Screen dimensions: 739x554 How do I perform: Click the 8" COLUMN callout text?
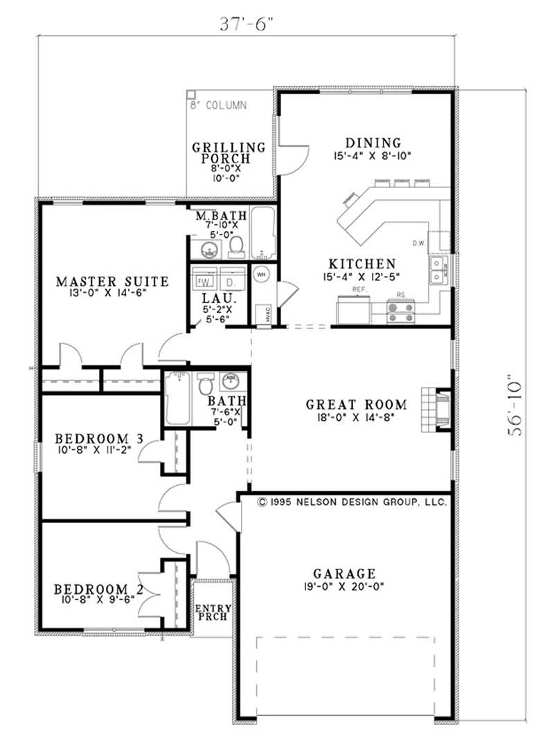click(x=218, y=106)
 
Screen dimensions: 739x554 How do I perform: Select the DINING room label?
click(x=371, y=143)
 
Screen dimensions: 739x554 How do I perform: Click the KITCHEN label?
click(x=362, y=264)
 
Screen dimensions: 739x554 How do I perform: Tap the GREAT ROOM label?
click(x=347, y=404)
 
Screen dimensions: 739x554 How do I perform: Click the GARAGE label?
click(x=344, y=573)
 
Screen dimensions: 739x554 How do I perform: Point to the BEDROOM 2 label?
click(x=99, y=589)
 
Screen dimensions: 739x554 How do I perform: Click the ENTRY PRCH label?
click(x=213, y=612)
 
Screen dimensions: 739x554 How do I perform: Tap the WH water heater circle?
click(x=262, y=273)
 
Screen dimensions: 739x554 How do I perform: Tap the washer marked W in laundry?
click(x=206, y=281)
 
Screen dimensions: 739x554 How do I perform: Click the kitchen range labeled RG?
click(x=401, y=310)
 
